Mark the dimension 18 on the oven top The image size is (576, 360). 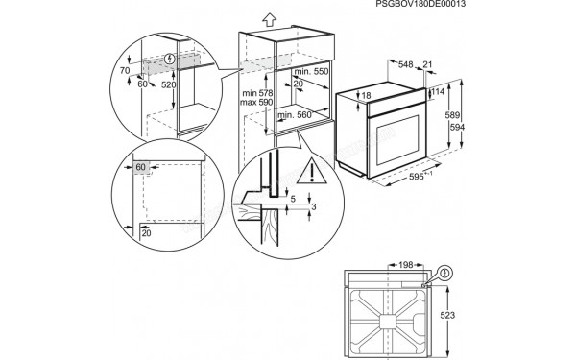[x=365, y=94]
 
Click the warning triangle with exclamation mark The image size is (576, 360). [x=309, y=174]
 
